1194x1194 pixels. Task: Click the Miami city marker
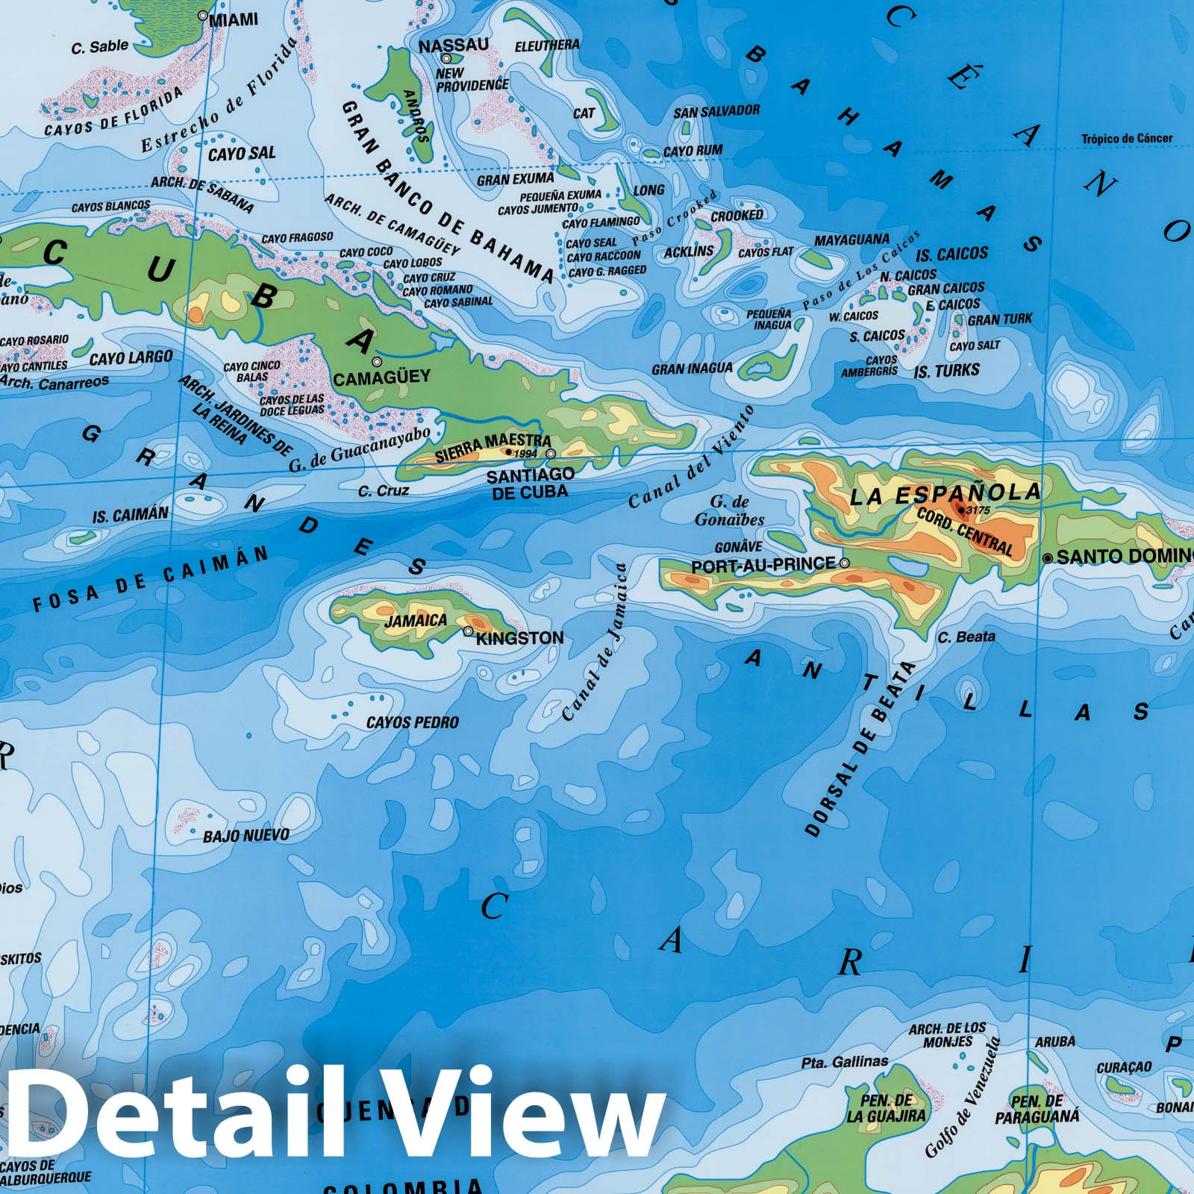tap(202, 15)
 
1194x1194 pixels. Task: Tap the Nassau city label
tap(453, 46)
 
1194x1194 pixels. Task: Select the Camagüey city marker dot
tap(377, 362)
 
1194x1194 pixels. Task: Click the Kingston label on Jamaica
tap(519, 638)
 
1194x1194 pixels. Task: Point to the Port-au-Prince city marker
tap(845, 563)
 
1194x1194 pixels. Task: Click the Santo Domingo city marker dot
tap(1048, 557)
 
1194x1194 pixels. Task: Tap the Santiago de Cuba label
tap(530, 483)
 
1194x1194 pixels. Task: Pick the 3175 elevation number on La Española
tap(978, 510)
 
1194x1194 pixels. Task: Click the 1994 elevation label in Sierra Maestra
tap(525, 453)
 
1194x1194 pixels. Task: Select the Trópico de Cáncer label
tap(1127, 138)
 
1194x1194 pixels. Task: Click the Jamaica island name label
tap(416, 620)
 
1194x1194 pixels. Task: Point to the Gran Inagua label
tap(692, 369)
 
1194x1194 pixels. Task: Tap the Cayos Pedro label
tap(412, 722)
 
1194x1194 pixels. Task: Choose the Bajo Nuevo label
tap(246, 835)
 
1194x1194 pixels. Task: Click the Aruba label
tap(1054, 1041)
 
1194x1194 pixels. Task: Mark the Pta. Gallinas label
tap(845, 1061)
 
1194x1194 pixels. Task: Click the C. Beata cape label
tap(966, 637)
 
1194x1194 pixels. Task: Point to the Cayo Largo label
tap(131, 358)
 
